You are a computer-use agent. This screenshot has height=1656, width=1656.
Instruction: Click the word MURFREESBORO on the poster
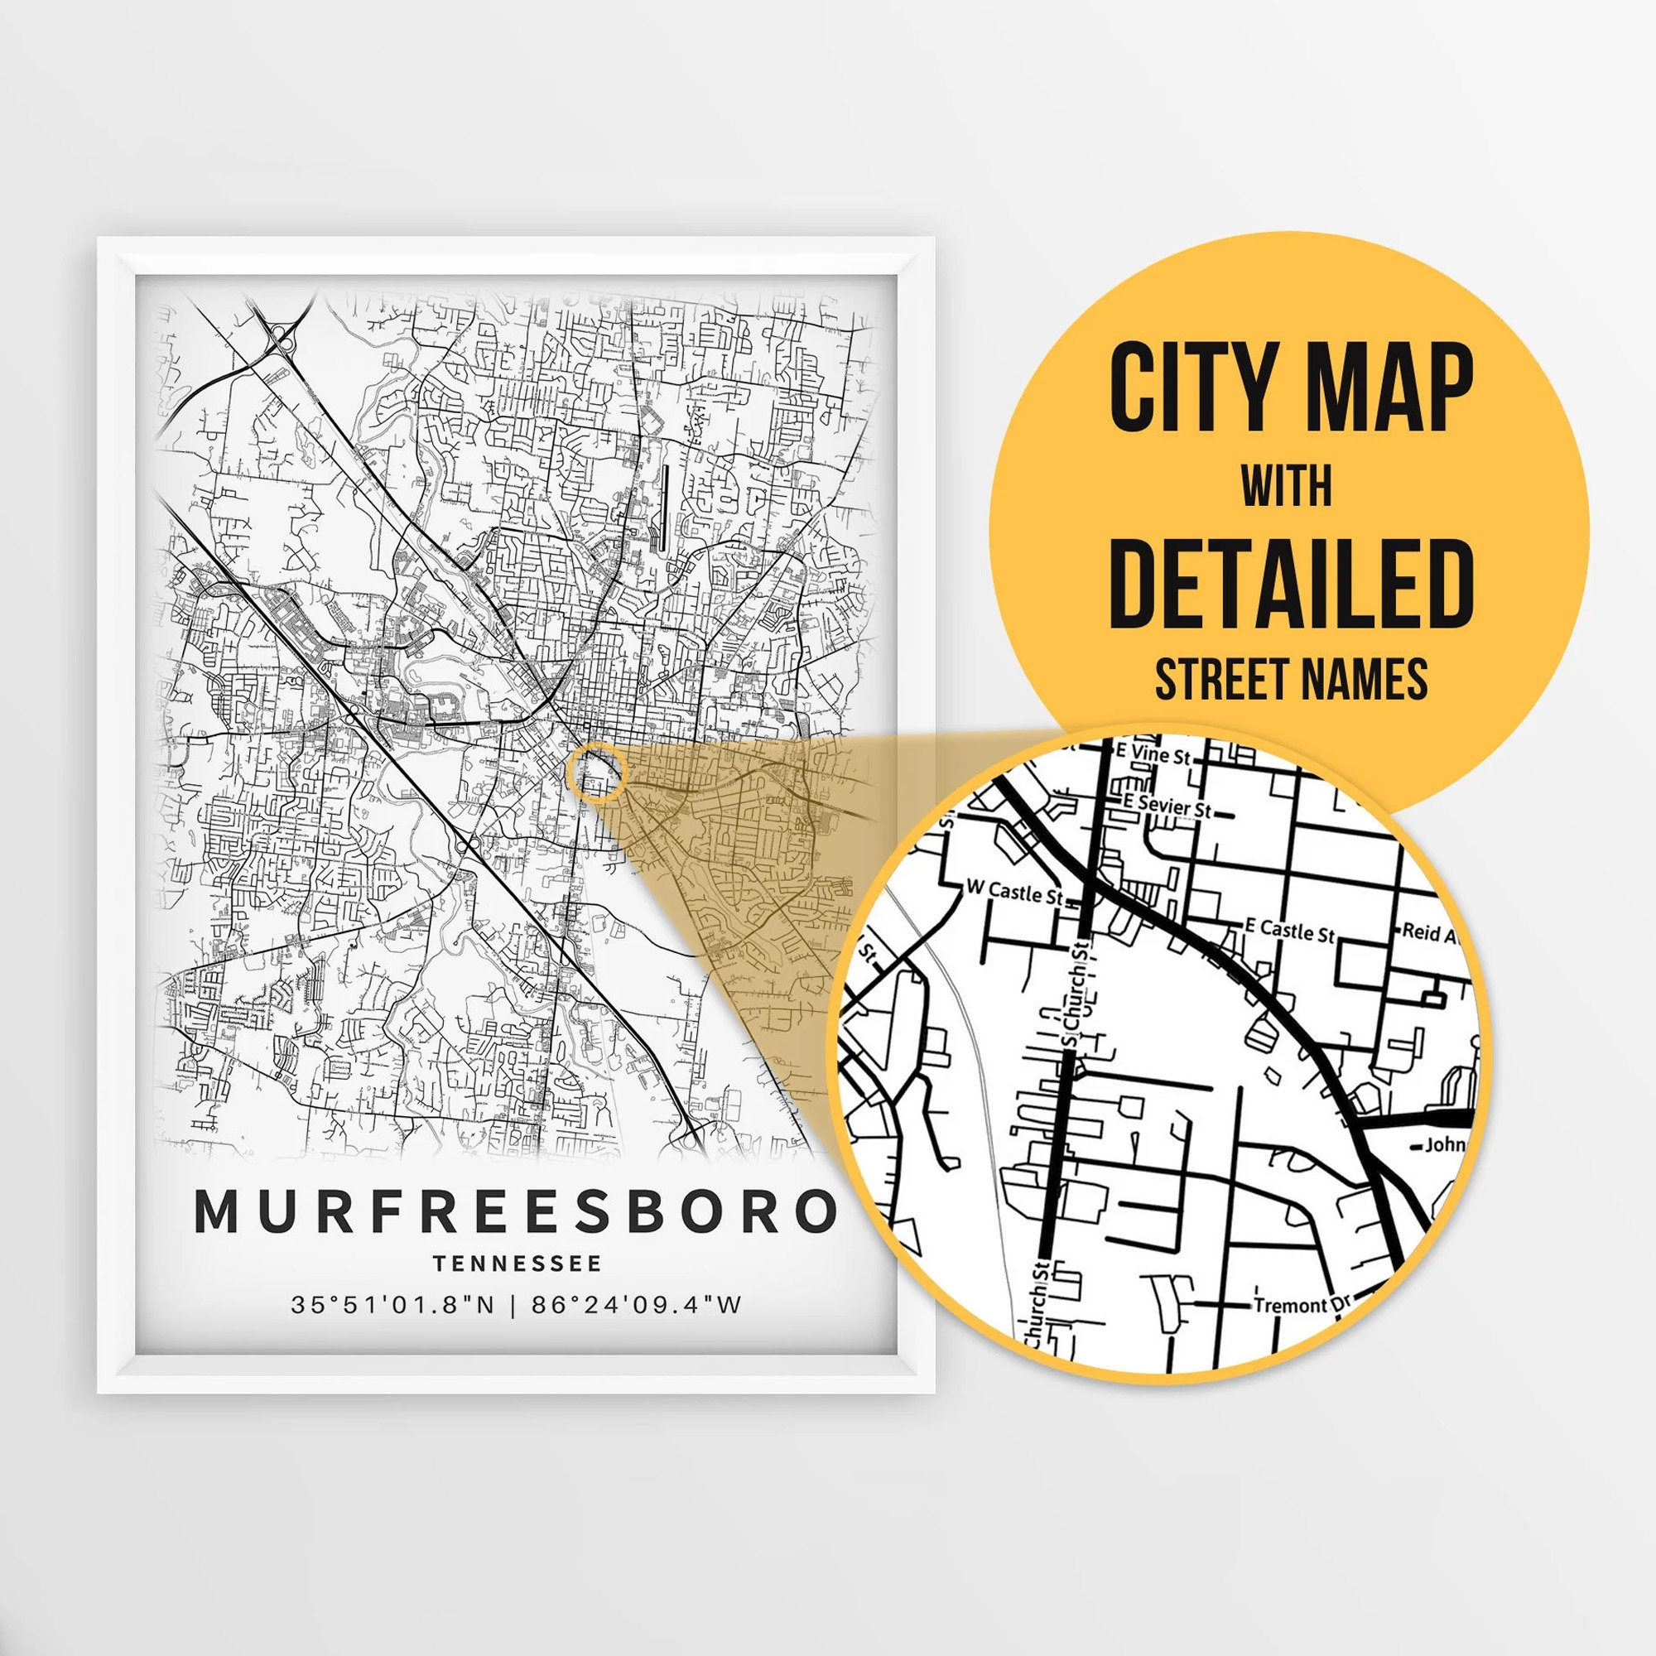pyautogui.click(x=516, y=1211)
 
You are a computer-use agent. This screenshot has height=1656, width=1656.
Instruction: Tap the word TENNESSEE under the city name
pyautogui.click(x=517, y=1264)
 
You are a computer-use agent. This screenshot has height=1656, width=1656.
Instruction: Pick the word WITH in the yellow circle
pyautogui.click(x=1287, y=487)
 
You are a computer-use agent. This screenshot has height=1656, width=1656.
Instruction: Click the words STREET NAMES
pyautogui.click(x=1291, y=679)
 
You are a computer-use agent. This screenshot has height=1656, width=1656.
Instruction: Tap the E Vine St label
pyautogui.click(x=1153, y=755)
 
